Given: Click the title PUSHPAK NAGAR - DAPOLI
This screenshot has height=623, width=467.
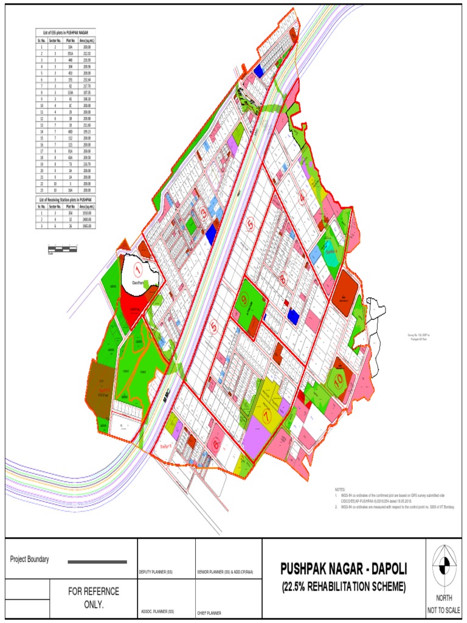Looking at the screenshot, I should pos(343,569).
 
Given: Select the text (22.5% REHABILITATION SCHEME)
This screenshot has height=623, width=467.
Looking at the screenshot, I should pos(343,587).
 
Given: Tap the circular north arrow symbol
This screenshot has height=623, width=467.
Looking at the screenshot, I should pos(446,559).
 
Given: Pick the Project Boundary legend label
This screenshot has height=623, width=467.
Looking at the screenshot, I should pos(30,560).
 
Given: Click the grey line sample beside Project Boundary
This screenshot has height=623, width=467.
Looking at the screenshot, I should pos(97,561).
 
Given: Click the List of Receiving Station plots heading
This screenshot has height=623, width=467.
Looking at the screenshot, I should pos(64,200).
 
